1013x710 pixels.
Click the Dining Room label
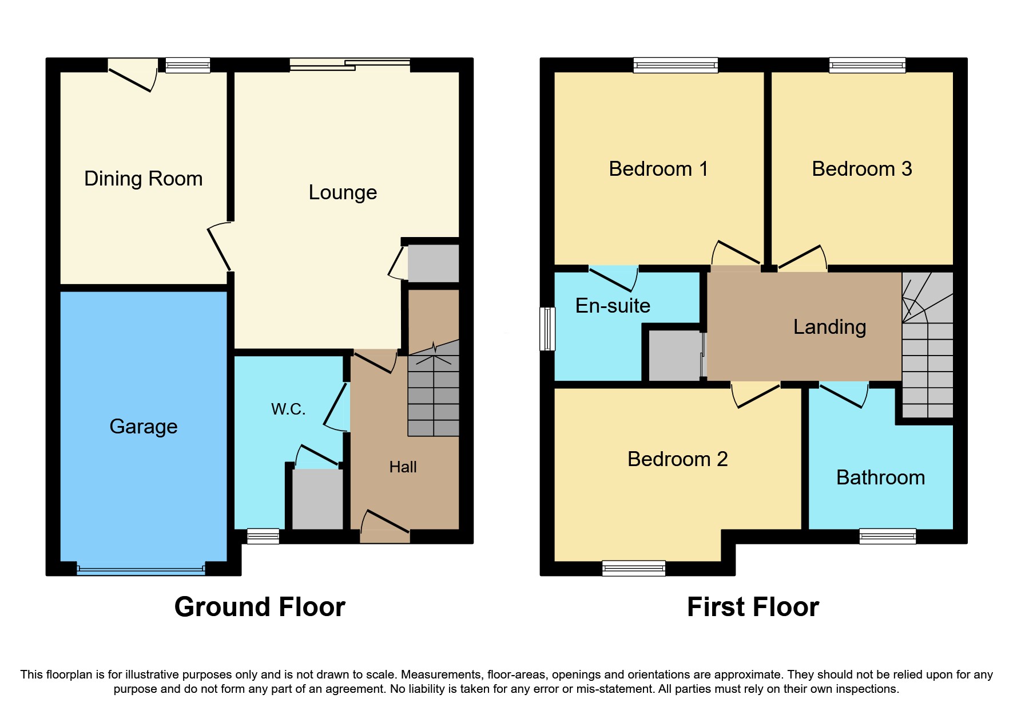[x=143, y=179]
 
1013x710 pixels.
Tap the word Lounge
[x=343, y=192]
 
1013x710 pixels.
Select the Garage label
[x=143, y=427]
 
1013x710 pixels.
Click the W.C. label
[x=288, y=409]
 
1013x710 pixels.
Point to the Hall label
[x=403, y=467]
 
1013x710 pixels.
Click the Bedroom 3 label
[x=861, y=169]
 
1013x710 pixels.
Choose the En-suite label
[x=613, y=306]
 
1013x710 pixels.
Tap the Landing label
[x=829, y=327]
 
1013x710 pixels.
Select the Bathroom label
[x=880, y=478]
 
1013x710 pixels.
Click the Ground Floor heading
[x=260, y=607]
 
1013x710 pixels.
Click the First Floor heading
[x=753, y=607]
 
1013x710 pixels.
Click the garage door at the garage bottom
[x=141, y=570]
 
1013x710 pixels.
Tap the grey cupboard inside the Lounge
[x=433, y=263]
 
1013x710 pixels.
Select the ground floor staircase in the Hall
[x=433, y=395]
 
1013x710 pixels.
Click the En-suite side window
[x=547, y=329]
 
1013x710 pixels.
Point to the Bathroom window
[x=887, y=536]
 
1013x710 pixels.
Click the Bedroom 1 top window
[x=675, y=65]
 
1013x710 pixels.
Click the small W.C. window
[x=263, y=537]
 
